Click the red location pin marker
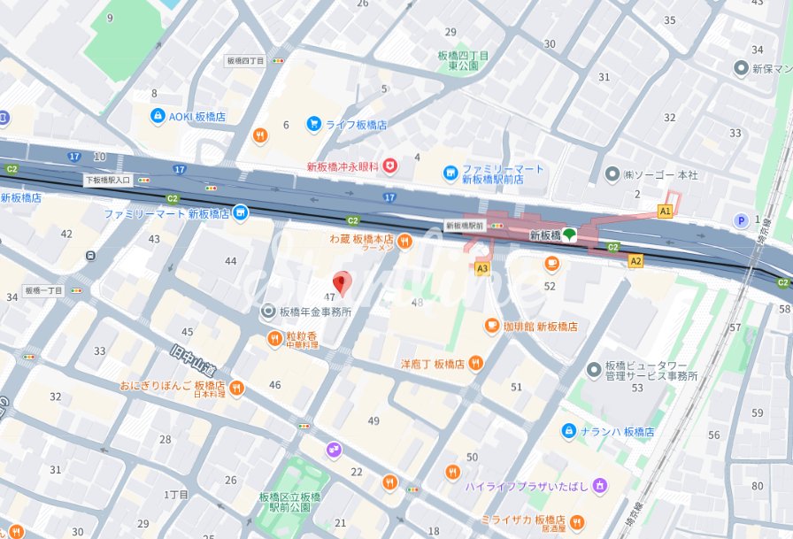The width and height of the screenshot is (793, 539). tap(342, 283)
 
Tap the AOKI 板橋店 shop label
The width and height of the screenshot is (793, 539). tap(196, 117)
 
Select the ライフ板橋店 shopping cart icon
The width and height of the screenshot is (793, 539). tap(313, 125)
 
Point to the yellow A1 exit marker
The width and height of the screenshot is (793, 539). tap(665, 211)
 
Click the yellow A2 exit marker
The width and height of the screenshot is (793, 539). tap(635, 260)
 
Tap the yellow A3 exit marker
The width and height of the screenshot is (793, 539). tap(481, 267)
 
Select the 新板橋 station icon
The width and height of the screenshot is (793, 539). tap(569, 235)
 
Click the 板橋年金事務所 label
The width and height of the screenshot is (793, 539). tap(315, 312)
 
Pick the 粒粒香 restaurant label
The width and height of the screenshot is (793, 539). tap(301, 338)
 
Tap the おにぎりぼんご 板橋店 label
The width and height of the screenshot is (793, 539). tap(173, 387)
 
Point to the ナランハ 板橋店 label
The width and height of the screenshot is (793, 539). tap(624, 432)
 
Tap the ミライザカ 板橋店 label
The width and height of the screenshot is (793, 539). tap(523, 519)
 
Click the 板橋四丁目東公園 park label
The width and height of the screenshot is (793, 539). tap(463, 59)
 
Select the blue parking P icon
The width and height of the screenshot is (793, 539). tap(741, 221)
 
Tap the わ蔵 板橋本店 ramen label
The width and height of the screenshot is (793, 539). tap(361, 240)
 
